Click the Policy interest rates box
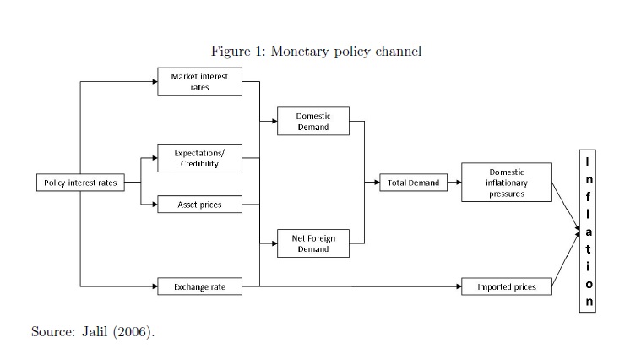(x=80, y=183)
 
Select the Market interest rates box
(x=199, y=82)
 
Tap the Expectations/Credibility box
(x=199, y=158)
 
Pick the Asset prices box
(x=199, y=205)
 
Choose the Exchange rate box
(x=199, y=287)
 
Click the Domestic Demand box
(x=313, y=122)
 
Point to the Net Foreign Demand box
(x=313, y=243)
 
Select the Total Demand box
(x=413, y=183)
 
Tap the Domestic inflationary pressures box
(x=507, y=183)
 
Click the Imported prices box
(x=507, y=287)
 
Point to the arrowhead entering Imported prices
(x=458, y=287)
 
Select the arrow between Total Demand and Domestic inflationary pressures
(x=454, y=183)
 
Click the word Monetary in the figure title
(x=303, y=52)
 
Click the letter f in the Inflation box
(x=589, y=195)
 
